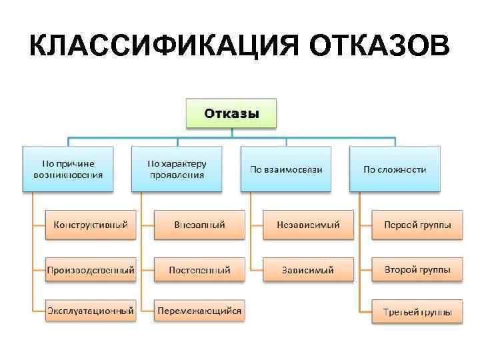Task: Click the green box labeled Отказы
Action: point(231,115)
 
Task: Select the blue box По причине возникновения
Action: point(68,169)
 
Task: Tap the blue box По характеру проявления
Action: point(177,169)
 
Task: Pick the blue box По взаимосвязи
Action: point(286,169)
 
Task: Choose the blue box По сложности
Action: point(395,169)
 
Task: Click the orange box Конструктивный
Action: point(91,225)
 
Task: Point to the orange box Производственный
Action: point(91,271)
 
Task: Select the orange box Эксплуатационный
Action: point(91,311)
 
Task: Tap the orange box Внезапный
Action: point(199,225)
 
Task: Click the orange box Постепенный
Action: point(199,271)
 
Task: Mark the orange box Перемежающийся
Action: point(199,311)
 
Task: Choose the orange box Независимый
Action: point(308,225)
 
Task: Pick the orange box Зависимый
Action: point(308,271)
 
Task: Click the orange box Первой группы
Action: point(417,225)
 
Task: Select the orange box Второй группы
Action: point(417,271)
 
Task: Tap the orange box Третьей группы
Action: point(417,311)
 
